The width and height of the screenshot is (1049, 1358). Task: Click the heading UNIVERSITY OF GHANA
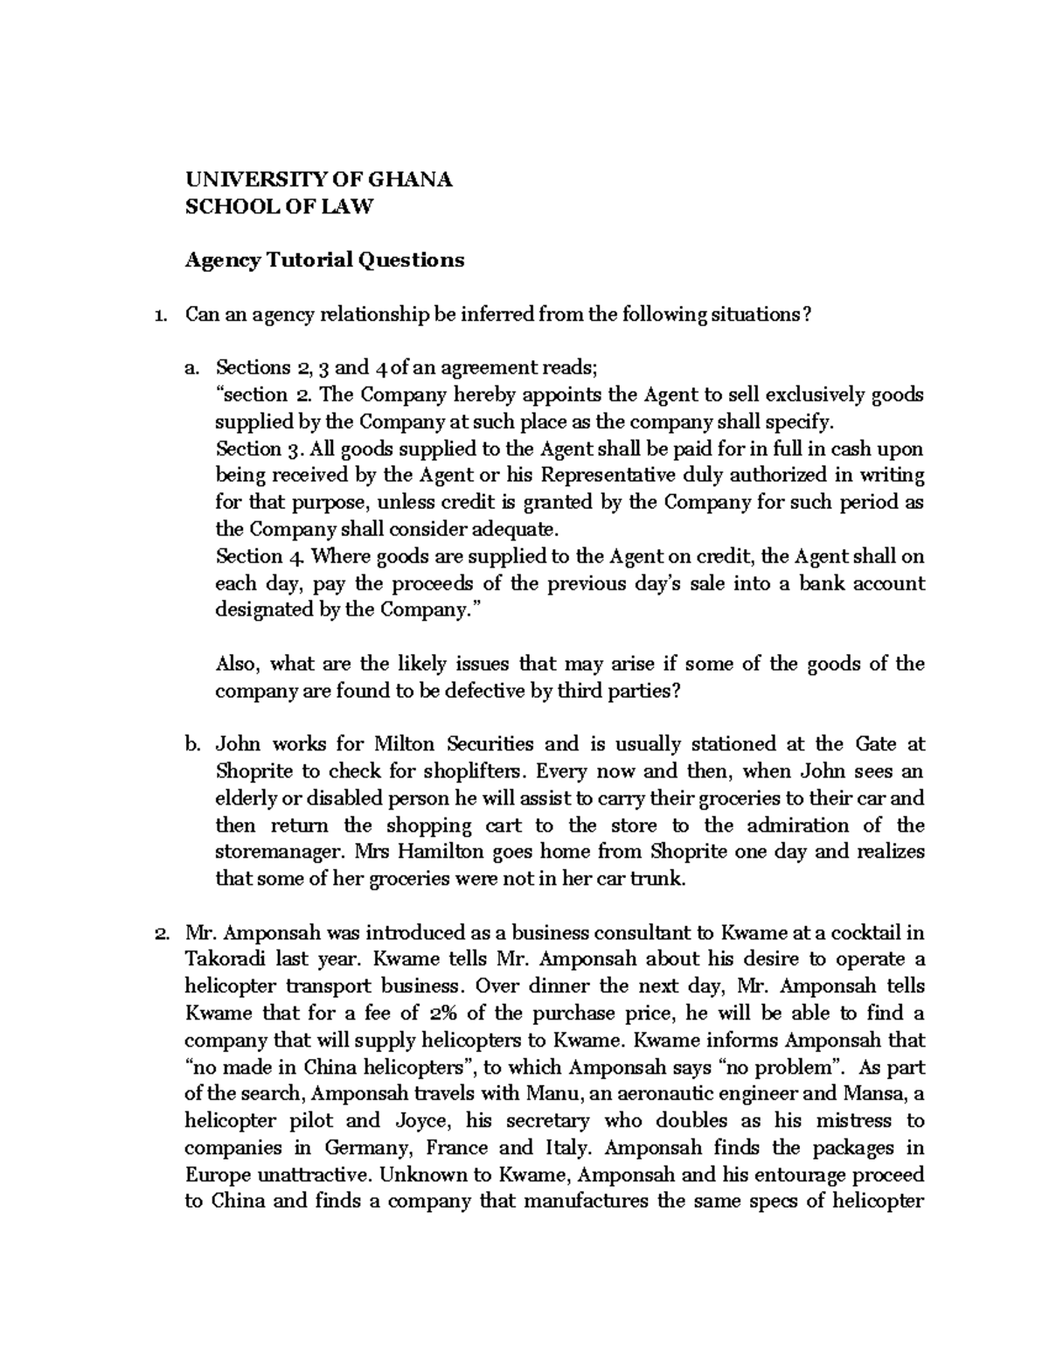point(318,180)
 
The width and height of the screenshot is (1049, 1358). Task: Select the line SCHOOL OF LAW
point(278,206)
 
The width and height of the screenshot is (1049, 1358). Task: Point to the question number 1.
point(158,315)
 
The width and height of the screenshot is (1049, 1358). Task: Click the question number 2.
point(158,933)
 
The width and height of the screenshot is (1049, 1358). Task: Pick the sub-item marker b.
point(191,745)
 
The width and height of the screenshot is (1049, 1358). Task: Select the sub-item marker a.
point(191,368)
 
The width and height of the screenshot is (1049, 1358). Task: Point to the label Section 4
point(250,556)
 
